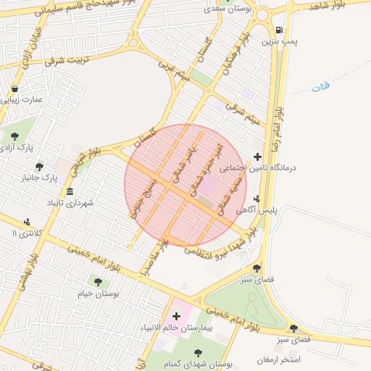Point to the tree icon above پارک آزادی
click(x=14, y=136)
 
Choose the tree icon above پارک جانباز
click(x=39, y=166)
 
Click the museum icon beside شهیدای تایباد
click(x=70, y=192)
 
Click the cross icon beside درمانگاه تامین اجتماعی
click(x=258, y=156)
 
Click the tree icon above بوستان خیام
click(x=98, y=282)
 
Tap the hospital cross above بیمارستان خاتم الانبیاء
click(x=176, y=316)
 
